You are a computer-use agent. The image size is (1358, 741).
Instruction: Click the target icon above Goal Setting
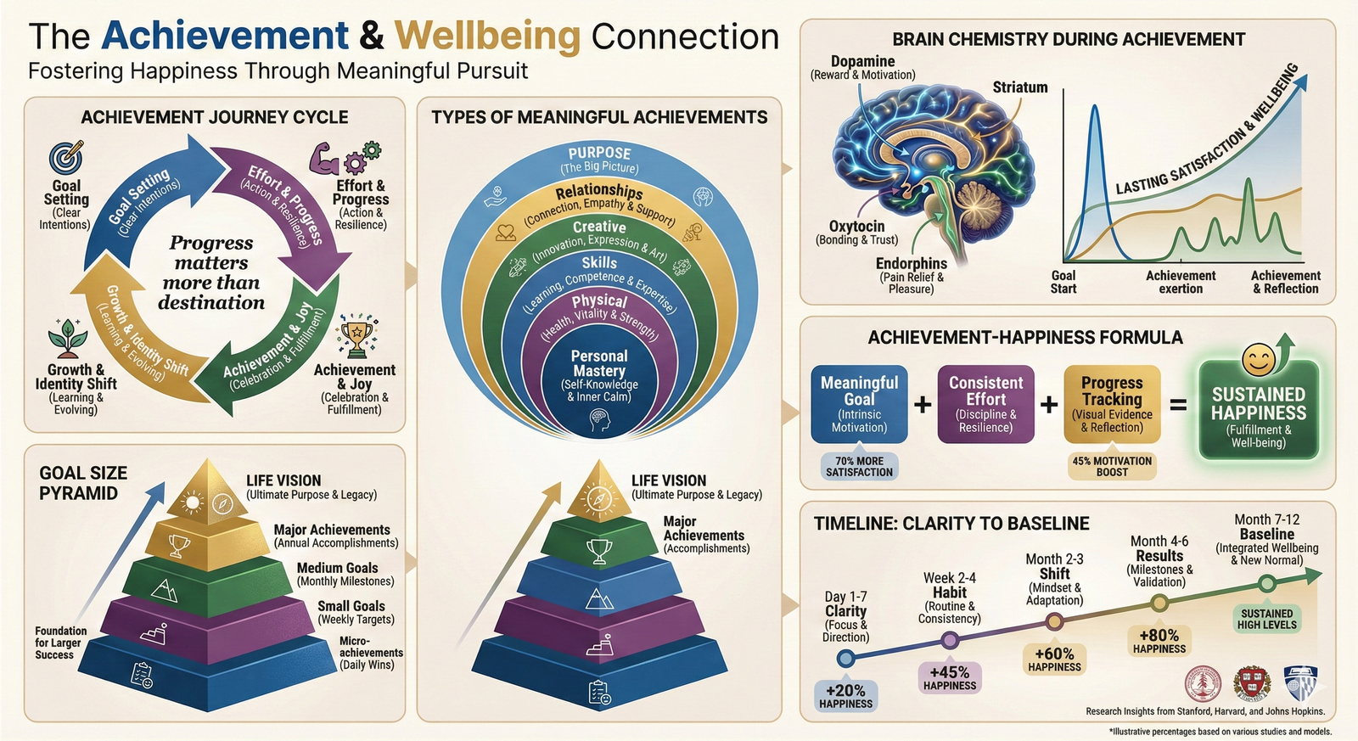66,158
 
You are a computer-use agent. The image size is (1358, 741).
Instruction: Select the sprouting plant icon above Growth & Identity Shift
68,340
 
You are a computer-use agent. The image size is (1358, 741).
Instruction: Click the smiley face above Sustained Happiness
1259,360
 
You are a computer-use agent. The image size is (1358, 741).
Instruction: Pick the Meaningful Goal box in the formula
859,404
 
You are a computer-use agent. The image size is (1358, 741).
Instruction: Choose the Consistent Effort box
985,404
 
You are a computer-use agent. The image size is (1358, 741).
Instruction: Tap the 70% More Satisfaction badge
859,467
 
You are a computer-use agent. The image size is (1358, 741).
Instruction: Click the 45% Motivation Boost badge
1112,467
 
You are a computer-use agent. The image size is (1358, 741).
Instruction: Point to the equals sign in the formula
1179,405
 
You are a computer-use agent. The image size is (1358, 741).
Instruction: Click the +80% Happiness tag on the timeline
1159,641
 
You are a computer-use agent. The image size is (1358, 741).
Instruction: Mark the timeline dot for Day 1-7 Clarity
845,658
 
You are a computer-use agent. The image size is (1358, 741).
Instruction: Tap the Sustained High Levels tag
1266,619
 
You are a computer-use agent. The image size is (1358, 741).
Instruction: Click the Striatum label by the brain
1019,87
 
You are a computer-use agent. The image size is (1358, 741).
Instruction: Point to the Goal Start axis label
1063,282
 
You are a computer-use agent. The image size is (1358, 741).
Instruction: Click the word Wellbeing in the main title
487,36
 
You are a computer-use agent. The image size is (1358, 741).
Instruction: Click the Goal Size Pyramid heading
83,483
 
